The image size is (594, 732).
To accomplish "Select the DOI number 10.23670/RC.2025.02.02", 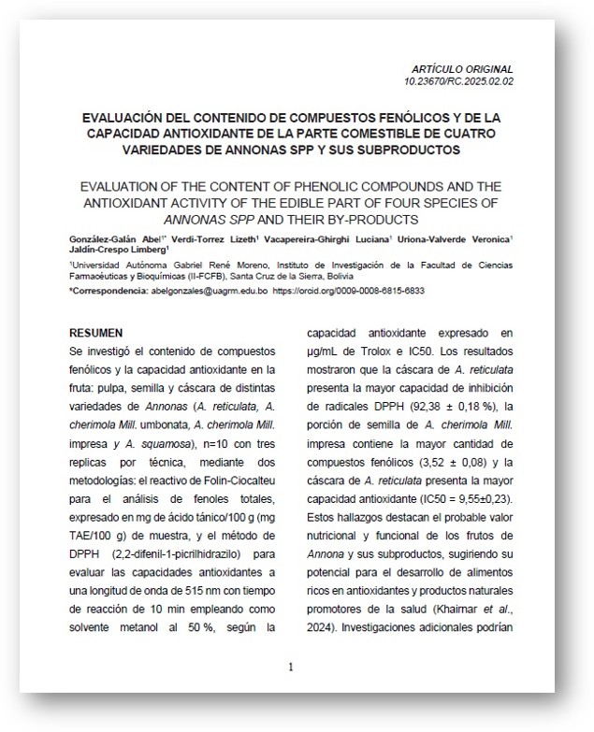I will [x=459, y=81].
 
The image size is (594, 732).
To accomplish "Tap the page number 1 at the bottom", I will [x=291, y=667].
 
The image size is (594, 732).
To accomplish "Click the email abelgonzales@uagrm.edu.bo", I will [x=209, y=292].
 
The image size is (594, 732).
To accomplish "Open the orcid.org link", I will [x=348, y=292].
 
